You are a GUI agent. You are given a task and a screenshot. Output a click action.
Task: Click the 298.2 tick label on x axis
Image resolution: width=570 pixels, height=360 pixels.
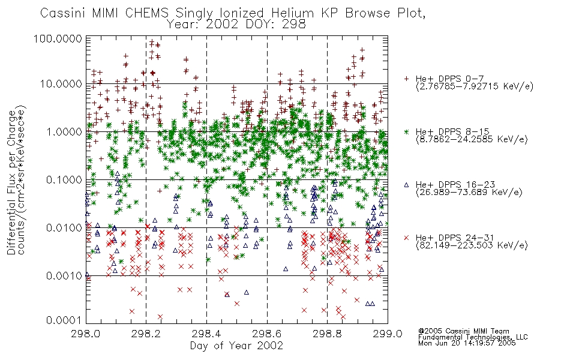click(146, 334)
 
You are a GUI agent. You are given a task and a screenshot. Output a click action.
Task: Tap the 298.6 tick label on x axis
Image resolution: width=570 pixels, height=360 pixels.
click(267, 334)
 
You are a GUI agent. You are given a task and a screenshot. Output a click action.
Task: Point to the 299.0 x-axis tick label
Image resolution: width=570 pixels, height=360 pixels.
click(388, 334)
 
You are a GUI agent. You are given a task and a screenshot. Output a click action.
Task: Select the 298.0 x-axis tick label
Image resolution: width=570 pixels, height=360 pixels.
click(86, 334)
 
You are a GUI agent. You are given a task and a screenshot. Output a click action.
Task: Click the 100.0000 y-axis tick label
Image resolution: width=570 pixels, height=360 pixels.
click(58, 39)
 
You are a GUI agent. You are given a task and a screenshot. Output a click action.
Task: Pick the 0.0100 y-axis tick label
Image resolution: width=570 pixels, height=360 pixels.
click(64, 228)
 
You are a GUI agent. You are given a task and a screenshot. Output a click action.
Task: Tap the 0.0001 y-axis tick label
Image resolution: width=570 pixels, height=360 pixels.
click(64, 320)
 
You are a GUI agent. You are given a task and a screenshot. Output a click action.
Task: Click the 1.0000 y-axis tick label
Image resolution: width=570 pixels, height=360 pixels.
click(64, 132)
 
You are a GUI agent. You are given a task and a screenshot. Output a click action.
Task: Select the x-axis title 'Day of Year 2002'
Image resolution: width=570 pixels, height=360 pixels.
click(236, 346)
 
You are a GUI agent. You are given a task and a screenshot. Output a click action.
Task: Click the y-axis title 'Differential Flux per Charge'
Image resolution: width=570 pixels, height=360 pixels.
click(11, 182)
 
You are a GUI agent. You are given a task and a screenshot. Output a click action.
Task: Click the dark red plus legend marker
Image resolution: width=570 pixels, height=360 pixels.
click(406, 79)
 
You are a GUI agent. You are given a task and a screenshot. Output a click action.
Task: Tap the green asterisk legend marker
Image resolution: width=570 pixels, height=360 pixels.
click(406, 131)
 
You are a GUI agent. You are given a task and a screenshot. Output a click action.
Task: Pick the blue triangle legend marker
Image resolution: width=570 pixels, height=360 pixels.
click(406, 185)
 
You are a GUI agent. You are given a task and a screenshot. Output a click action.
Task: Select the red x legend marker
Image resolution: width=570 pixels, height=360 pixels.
click(406, 238)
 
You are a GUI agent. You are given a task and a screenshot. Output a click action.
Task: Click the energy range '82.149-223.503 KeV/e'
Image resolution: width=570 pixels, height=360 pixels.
click(472, 245)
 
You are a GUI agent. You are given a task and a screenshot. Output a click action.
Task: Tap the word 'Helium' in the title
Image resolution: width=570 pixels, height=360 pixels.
click(292, 13)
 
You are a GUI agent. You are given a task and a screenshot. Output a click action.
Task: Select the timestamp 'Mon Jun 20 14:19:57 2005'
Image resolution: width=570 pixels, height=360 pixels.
click(467, 343)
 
